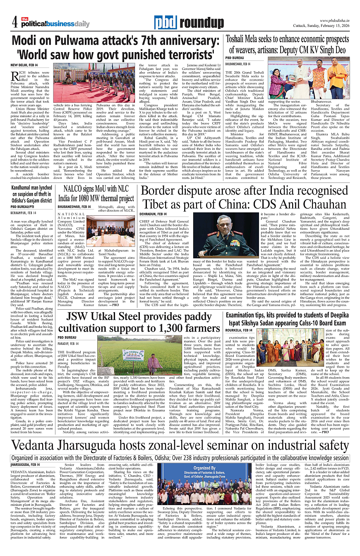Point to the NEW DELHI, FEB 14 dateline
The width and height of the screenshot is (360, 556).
coord(24,65)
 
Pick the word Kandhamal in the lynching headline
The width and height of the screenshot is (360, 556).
coord(26,188)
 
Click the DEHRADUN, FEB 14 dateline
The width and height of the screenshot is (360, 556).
coord(154,214)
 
